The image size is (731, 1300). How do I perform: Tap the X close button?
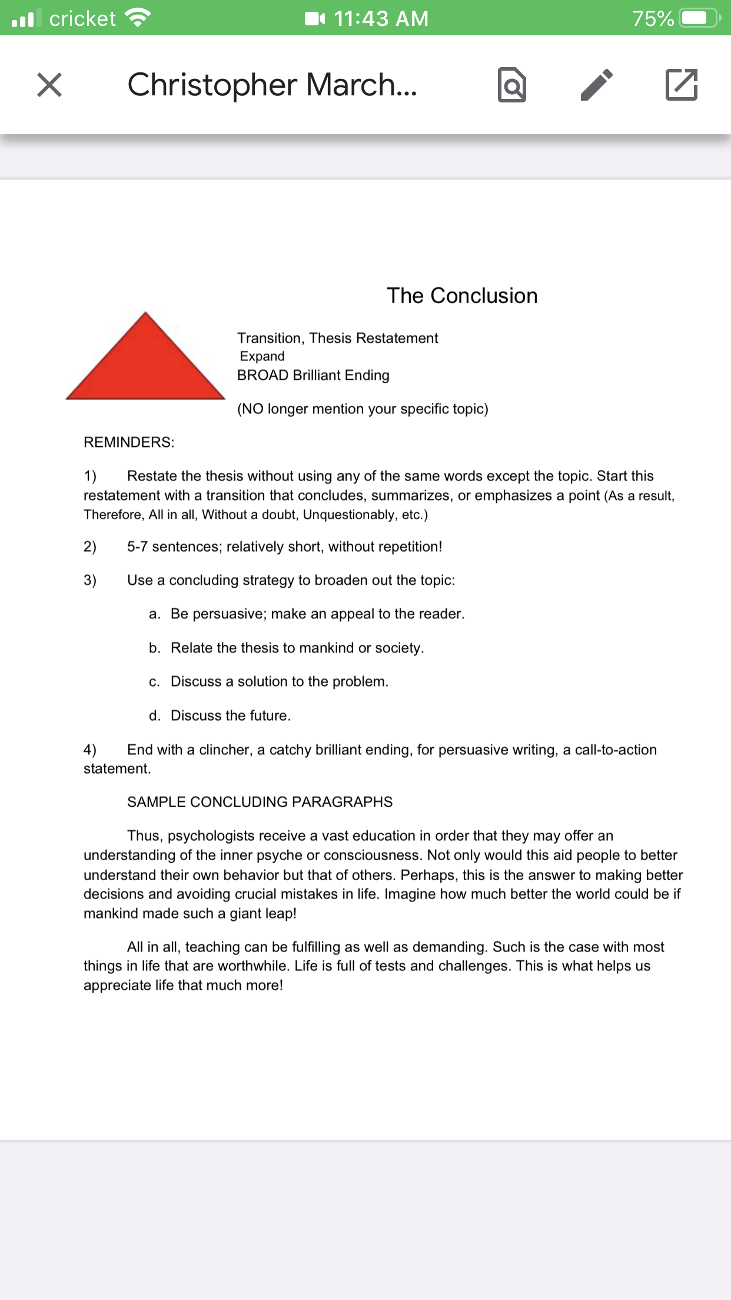click(49, 85)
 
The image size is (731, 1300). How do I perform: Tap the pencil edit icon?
click(596, 85)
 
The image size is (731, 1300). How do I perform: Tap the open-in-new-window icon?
click(682, 85)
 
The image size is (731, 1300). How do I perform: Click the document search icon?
click(511, 85)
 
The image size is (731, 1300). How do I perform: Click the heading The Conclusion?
click(462, 296)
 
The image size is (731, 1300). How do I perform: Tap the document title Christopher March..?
click(272, 85)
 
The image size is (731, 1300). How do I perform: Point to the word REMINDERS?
click(129, 442)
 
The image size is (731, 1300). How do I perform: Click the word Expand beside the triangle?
click(263, 356)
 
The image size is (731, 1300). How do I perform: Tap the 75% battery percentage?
click(653, 19)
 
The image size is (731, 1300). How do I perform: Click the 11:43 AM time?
click(381, 19)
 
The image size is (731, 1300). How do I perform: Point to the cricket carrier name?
click(82, 19)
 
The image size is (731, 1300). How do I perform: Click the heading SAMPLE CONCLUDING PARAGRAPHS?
click(260, 802)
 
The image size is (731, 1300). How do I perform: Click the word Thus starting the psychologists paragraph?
click(144, 836)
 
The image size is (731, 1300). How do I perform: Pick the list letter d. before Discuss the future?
click(154, 716)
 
